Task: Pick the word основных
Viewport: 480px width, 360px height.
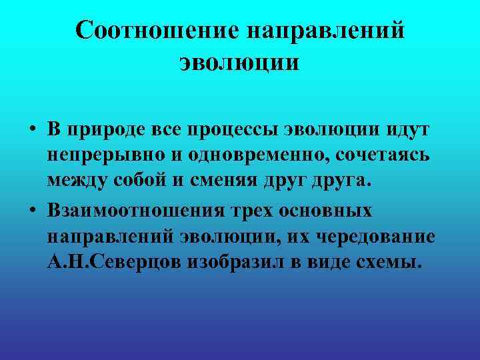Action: pos(331,211)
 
